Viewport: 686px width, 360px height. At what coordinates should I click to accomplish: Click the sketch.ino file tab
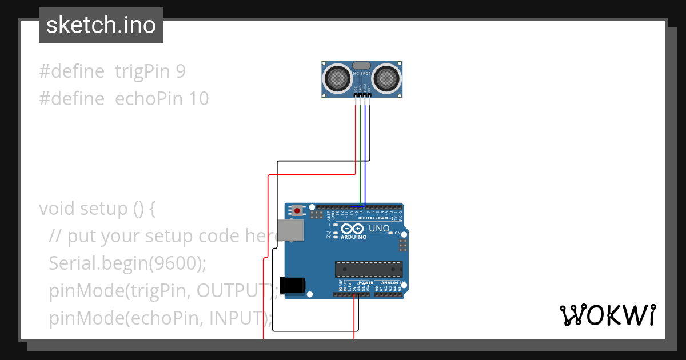coord(101,25)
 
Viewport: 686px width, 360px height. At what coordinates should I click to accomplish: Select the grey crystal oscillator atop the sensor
coord(362,66)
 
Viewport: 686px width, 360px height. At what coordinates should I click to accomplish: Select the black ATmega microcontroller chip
coord(369,269)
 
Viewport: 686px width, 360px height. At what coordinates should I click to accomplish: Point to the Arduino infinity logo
coord(349,229)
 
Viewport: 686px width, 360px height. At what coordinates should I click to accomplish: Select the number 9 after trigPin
coord(180,71)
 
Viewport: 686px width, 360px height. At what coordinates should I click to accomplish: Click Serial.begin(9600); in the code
coord(127,263)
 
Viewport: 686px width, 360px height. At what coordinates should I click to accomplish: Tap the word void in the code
coord(58,209)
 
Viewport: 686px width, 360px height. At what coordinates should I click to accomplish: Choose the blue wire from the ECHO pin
coord(365,160)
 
